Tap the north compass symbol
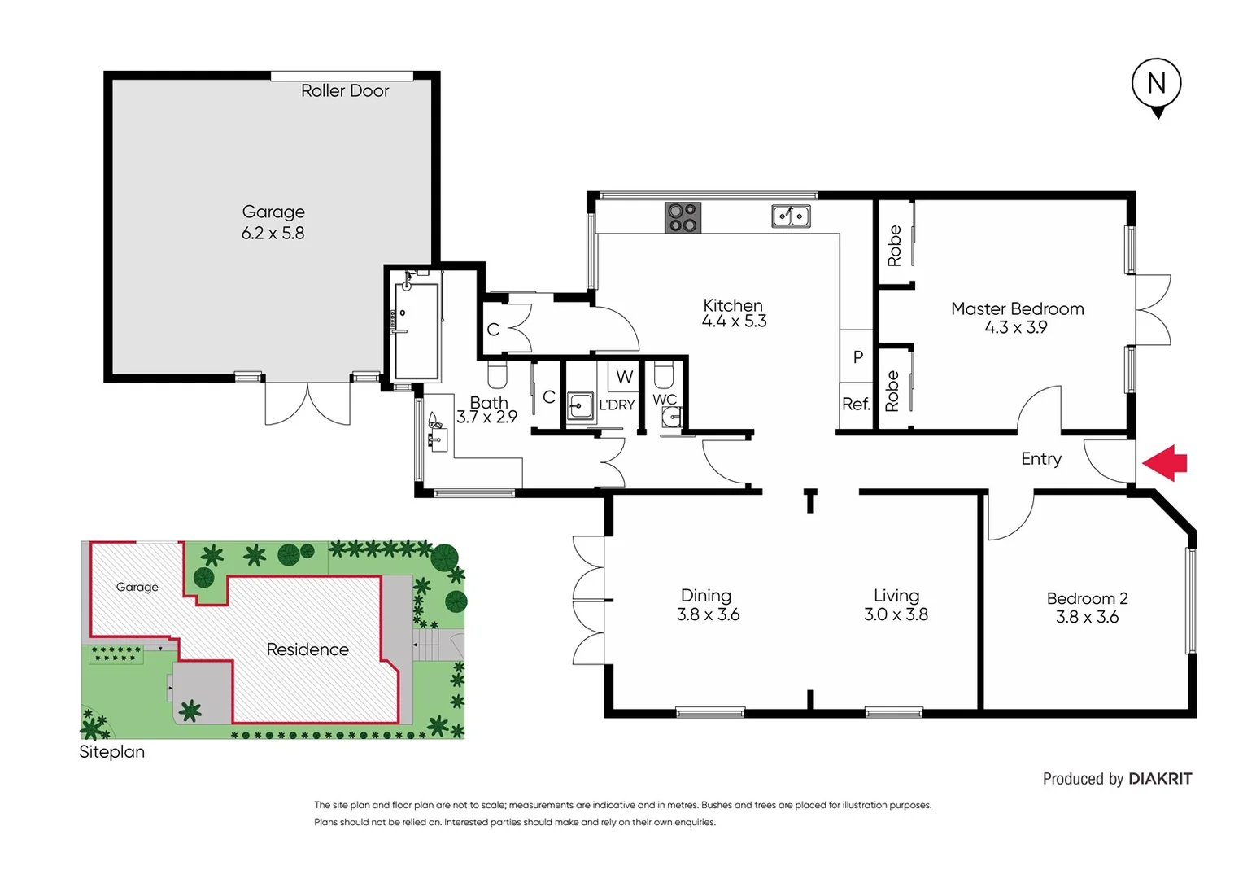(1156, 85)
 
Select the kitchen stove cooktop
(683, 217)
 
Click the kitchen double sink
(791, 216)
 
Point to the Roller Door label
(345, 91)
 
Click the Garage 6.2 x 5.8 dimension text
(273, 234)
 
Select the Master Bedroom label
(1017, 309)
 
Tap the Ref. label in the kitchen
(856, 405)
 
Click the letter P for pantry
(857, 357)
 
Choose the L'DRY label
(617, 405)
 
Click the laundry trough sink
(580, 405)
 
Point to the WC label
(665, 400)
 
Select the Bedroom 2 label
(1087, 599)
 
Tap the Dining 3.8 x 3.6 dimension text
(708, 615)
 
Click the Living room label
(896, 596)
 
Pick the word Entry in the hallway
(1040, 459)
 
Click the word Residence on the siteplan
(307, 649)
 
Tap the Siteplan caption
(111, 752)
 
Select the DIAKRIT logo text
(1160, 779)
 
